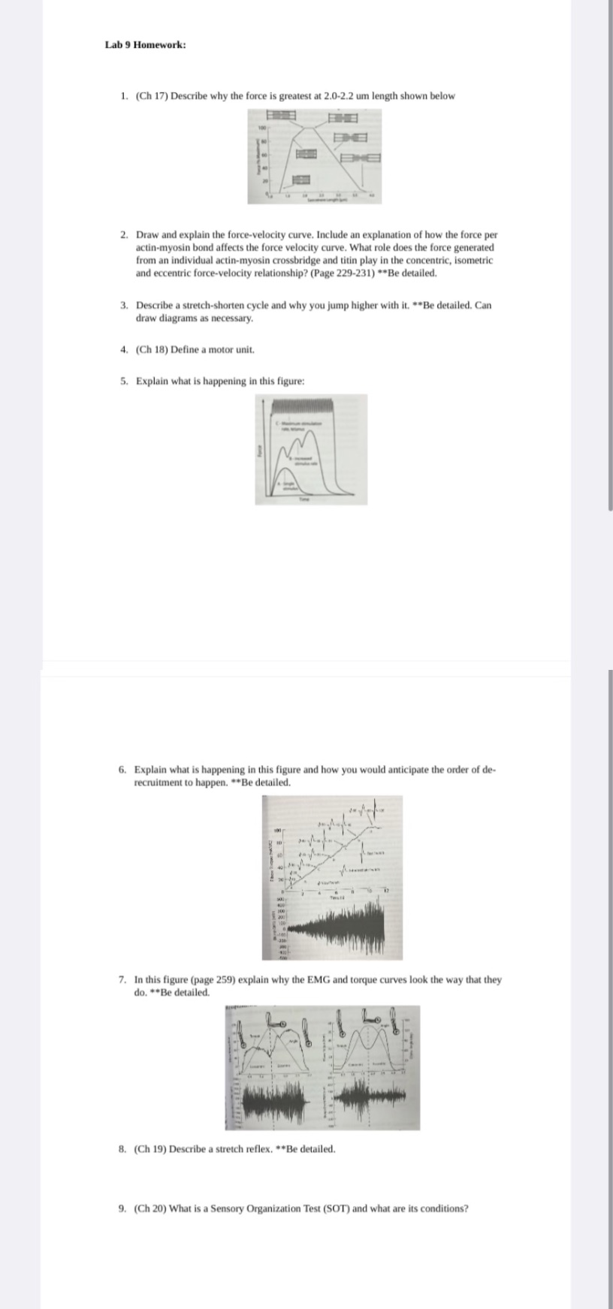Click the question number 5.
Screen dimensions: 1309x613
[x=124, y=381]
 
